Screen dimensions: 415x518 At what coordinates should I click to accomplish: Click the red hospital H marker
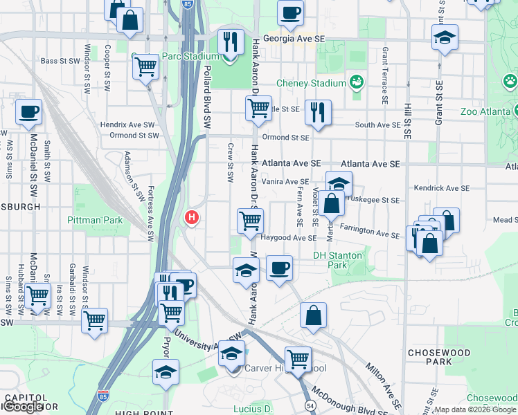pyautogui.click(x=192, y=218)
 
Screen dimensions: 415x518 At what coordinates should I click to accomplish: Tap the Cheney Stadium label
pyautogui.click(x=311, y=84)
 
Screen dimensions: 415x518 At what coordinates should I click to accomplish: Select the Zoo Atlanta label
pyautogui.click(x=489, y=111)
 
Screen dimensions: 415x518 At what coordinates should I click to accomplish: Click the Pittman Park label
pyautogui.click(x=95, y=221)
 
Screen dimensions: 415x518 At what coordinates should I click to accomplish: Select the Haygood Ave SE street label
pyautogui.click(x=289, y=238)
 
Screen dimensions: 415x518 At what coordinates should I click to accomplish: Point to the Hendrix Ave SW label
pyautogui.click(x=129, y=124)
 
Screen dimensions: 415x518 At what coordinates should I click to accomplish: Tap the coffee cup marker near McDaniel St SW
pyautogui.click(x=28, y=112)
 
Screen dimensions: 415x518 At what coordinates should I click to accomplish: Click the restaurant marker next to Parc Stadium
pyautogui.click(x=231, y=41)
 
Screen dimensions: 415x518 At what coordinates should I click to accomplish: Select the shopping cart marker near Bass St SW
pyautogui.click(x=146, y=66)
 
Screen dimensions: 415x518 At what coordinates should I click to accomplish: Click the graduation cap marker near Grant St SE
pyautogui.click(x=444, y=37)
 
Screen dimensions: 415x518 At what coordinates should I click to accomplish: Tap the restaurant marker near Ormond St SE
pyautogui.click(x=318, y=112)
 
